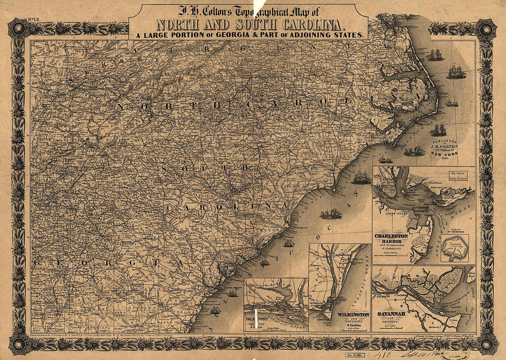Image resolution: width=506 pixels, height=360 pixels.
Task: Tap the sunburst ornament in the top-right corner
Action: [x=487, y=29]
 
